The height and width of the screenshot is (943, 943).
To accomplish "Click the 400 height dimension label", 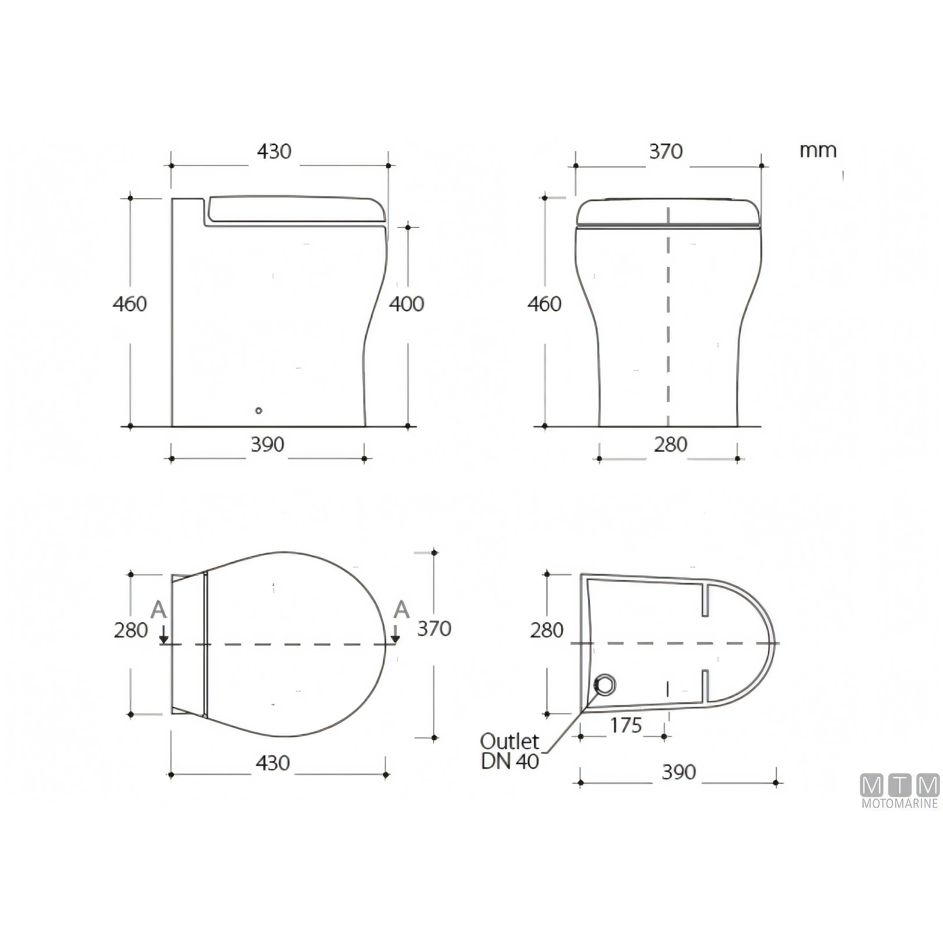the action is point(406,304).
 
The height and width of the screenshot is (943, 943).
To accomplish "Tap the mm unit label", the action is point(818,150).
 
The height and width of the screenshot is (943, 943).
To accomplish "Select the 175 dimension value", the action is point(626,726).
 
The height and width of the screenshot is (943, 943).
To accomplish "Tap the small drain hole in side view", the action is point(259,410).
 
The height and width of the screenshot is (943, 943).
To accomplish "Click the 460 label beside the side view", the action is point(130,304).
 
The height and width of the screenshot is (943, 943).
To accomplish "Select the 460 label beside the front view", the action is point(544,304).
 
